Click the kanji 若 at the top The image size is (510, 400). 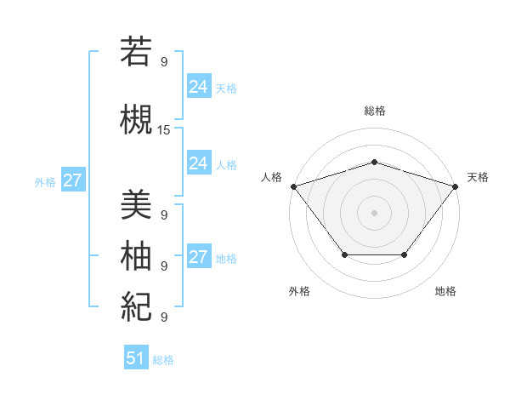[x=136, y=51]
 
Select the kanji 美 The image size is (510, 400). [x=136, y=203]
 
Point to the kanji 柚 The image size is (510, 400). [x=136, y=254]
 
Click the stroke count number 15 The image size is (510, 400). [x=164, y=130]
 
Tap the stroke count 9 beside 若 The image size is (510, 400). [x=164, y=62]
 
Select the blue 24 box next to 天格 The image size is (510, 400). [x=198, y=87]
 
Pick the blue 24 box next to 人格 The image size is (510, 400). [x=198, y=163]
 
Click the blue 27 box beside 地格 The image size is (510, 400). [x=198, y=257]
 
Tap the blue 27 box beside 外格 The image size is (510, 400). [x=72, y=180]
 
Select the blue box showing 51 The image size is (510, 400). [x=136, y=358]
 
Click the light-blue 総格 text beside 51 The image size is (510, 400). [x=163, y=360]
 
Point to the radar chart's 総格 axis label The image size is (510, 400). [x=374, y=111]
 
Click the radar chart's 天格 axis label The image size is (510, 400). [x=478, y=177]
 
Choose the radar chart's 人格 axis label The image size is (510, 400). [x=271, y=177]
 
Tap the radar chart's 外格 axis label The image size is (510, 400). [x=299, y=291]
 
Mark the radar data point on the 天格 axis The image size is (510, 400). [x=456, y=186]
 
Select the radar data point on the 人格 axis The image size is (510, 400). [x=293, y=186]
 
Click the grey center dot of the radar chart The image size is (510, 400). [x=374, y=212]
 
